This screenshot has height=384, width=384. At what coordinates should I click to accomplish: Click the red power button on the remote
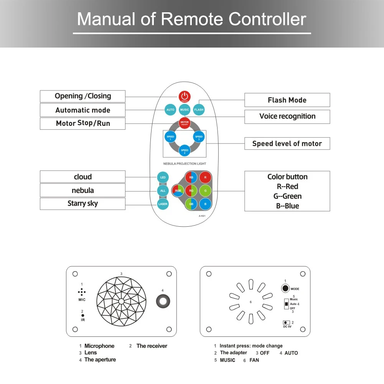click(x=185, y=97)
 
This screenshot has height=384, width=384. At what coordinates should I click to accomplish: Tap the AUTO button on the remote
click(x=170, y=110)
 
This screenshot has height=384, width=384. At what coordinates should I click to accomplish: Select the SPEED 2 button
click(x=185, y=151)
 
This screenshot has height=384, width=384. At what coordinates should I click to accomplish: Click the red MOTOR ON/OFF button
click(x=185, y=123)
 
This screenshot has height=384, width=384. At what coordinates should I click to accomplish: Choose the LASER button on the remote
click(x=163, y=204)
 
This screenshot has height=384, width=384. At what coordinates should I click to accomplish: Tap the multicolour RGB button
click(x=178, y=190)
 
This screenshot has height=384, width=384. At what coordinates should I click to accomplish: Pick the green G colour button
click(x=205, y=190)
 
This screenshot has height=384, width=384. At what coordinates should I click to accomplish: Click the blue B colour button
click(x=205, y=204)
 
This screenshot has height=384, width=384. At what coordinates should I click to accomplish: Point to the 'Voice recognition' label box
click(x=287, y=117)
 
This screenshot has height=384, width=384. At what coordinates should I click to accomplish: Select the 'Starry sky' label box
click(x=82, y=204)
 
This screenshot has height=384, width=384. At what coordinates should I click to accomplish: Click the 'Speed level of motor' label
click(x=287, y=144)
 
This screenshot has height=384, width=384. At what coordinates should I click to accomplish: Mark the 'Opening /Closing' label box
click(x=82, y=96)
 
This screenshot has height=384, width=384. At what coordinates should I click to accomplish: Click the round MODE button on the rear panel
click(x=285, y=288)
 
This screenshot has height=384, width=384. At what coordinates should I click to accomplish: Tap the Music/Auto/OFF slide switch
click(x=286, y=304)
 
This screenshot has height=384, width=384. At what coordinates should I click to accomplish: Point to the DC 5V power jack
click(x=286, y=323)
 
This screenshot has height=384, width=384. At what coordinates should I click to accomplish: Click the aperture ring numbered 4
click(x=163, y=301)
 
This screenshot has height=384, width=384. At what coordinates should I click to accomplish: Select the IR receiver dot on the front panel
click(x=82, y=315)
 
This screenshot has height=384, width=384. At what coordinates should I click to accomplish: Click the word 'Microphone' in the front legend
click(x=99, y=346)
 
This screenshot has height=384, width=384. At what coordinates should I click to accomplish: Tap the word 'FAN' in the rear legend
click(x=254, y=360)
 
